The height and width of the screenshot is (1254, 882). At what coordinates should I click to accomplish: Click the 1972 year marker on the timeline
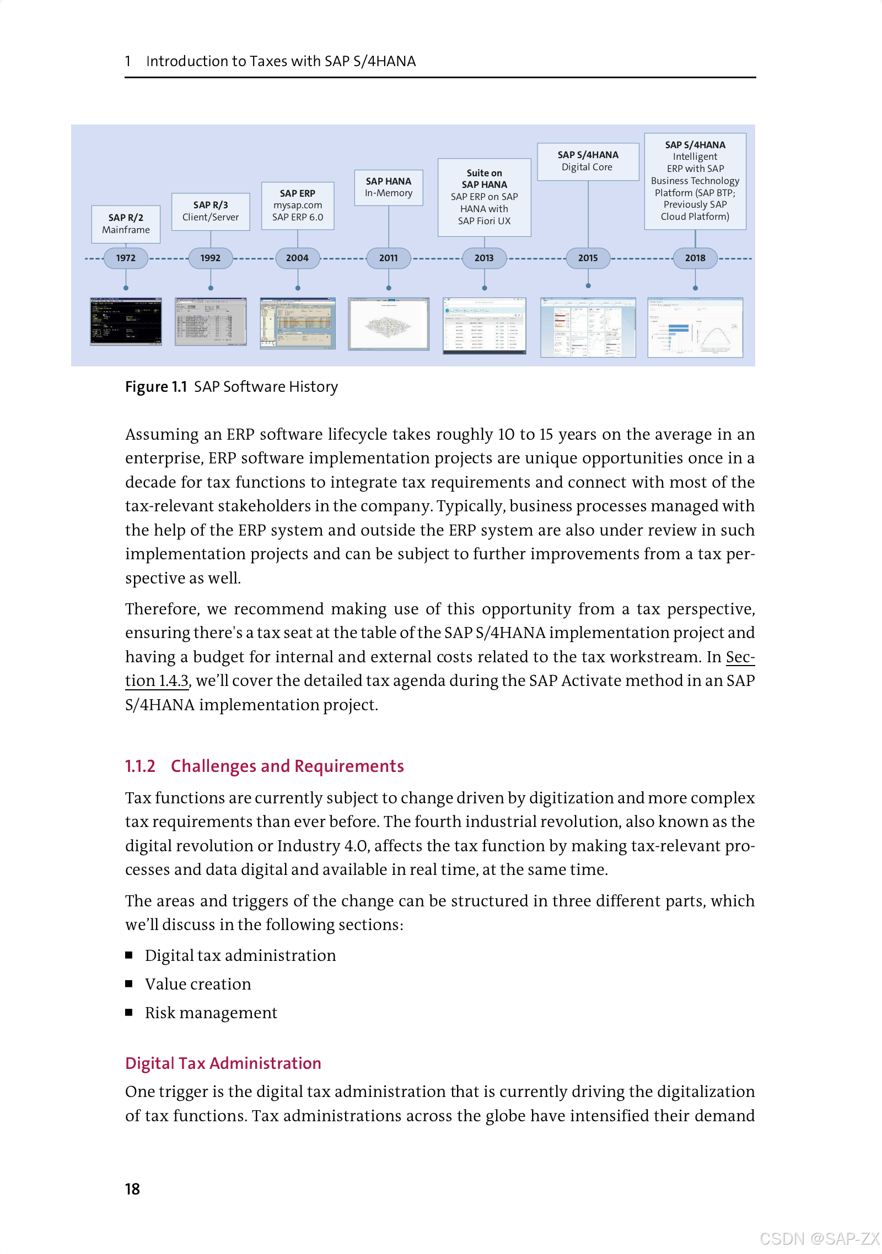pyautogui.click(x=126, y=258)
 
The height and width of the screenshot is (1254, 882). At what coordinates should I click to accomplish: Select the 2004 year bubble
pyautogui.click(x=297, y=258)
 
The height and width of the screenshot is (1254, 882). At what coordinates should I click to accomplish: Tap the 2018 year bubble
pyautogui.click(x=695, y=258)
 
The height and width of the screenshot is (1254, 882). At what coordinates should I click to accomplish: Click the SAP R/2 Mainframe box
pyautogui.click(x=126, y=224)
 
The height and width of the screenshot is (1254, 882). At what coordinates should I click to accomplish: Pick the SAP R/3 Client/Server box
pyautogui.click(x=211, y=211)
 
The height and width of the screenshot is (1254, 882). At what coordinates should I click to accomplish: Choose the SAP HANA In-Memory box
pyautogui.click(x=389, y=187)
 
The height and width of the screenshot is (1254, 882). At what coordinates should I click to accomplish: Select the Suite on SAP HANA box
pyautogui.click(x=484, y=197)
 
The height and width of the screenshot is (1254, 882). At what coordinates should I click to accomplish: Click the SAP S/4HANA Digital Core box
pyautogui.click(x=588, y=161)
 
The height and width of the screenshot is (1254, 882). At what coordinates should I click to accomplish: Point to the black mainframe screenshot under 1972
pyautogui.click(x=126, y=321)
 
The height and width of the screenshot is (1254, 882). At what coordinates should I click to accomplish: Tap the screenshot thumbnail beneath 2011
pyautogui.click(x=389, y=323)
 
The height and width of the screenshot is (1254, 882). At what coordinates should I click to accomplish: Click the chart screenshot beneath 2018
pyautogui.click(x=695, y=327)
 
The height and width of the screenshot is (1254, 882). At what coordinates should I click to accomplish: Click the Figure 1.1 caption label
pyautogui.click(x=156, y=387)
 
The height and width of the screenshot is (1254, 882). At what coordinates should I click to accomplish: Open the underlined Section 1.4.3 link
pyautogui.click(x=157, y=681)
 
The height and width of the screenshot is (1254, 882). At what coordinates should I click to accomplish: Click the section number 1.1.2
pyautogui.click(x=140, y=766)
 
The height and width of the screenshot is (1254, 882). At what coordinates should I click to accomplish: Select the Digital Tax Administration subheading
pyautogui.click(x=223, y=1063)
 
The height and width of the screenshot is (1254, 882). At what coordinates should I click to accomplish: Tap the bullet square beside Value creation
pyautogui.click(x=129, y=983)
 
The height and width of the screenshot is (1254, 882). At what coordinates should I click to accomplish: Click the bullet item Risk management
pyautogui.click(x=211, y=1013)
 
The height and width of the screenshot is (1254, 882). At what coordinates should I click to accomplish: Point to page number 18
pyautogui.click(x=132, y=1189)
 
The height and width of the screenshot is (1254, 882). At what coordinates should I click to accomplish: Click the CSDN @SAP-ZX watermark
pyautogui.click(x=819, y=1239)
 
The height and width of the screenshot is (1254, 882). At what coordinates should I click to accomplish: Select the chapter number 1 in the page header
pyautogui.click(x=128, y=61)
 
